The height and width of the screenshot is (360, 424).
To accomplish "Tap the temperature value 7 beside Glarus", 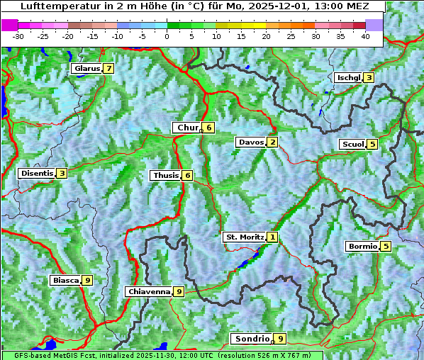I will (108, 69).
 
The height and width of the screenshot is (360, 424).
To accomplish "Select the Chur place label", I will (188, 128).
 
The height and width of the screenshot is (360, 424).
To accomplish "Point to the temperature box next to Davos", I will (272, 142).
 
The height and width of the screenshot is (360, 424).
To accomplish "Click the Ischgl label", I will (348, 77).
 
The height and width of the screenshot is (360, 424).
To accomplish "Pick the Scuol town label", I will (352, 144).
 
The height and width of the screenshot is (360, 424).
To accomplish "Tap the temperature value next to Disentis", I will (62, 173).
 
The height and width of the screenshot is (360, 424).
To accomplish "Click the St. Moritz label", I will (244, 237).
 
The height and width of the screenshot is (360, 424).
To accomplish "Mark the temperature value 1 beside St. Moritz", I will (273, 237).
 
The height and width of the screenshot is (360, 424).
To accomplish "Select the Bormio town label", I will (362, 247).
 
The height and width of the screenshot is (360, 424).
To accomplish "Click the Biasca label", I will (65, 280).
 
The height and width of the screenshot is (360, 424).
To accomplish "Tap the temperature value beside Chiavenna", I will (179, 291).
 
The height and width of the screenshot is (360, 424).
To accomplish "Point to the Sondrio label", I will (252, 339).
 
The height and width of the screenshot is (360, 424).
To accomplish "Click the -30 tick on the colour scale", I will (18, 35).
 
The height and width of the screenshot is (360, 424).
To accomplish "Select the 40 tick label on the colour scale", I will (365, 35).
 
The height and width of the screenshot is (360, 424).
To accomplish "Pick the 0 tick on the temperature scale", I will (167, 35).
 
